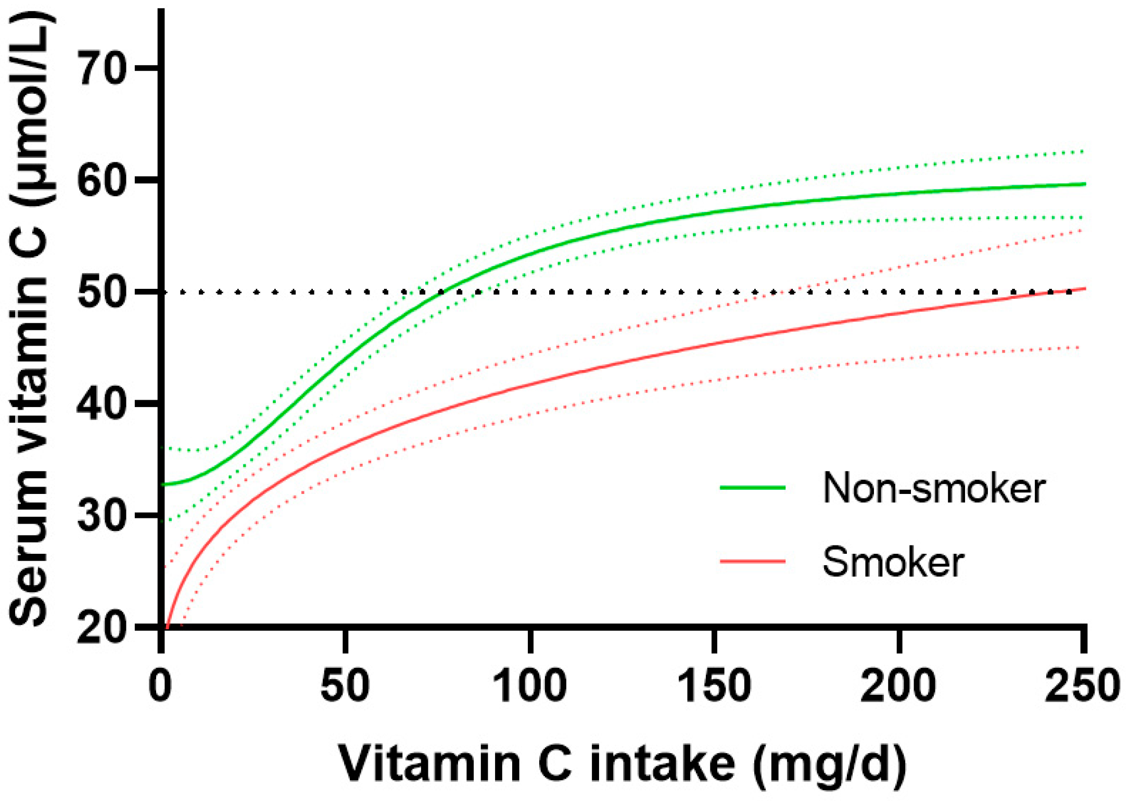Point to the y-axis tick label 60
(102, 180)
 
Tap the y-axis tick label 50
(102, 292)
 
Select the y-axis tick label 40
(102, 403)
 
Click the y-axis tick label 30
(102, 515)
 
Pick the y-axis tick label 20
(102, 627)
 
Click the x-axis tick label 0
(160, 685)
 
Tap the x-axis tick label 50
(345, 685)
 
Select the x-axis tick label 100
(530, 685)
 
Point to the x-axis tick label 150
(715, 685)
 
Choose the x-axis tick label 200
(899, 685)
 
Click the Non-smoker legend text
(934, 488)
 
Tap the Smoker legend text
(893, 562)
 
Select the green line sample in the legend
(753, 488)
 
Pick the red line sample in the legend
(753, 561)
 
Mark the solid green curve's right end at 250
(1084, 184)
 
